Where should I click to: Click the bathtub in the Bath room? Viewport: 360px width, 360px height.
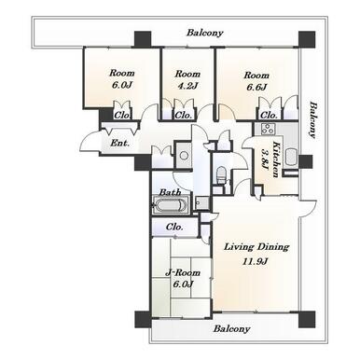(x=172, y=205)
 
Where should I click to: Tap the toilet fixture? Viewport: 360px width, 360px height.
(x=221, y=175)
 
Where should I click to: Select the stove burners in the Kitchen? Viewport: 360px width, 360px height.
(x=267, y=129)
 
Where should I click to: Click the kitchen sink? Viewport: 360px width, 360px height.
(x=292, y=157)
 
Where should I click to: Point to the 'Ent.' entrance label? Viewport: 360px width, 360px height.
(x=119, y=144)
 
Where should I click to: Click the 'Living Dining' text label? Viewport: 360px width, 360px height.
(x=256, y=247)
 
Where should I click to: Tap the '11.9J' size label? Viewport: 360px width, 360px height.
(x=256, y=261)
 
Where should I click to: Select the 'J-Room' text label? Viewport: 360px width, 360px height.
(x=183, y=272)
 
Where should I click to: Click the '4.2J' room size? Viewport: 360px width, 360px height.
(x=187, y=86)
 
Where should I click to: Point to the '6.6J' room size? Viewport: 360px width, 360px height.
(x=256, y=87)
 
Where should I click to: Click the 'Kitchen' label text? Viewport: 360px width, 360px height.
(x=276, y=159)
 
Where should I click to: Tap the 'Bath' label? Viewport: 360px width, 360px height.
(x=170, y=192)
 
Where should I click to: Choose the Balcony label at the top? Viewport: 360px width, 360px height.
(x=205, y=33)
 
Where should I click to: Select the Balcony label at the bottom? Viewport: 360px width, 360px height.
(x=231, y=328)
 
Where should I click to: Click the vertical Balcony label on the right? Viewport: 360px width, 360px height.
(x=312, y=120)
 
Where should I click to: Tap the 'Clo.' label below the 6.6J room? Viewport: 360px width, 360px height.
(x=269, y=116)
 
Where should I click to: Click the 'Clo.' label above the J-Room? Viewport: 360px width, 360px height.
(x=174, y=227)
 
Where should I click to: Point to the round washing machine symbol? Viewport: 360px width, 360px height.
(x=184, y=156)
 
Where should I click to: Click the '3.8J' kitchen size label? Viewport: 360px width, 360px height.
(x=265, y=159)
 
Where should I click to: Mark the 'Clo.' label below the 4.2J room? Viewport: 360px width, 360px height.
(x=184, y=116)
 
